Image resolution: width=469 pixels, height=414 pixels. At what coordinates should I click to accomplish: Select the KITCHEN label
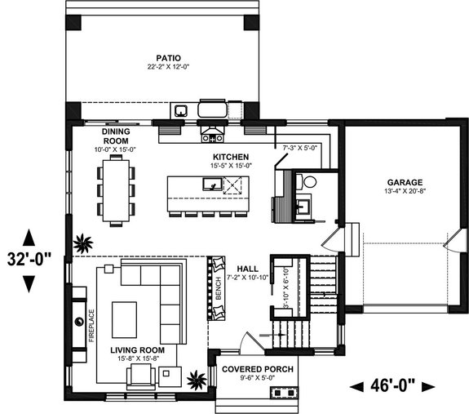pos(231,156)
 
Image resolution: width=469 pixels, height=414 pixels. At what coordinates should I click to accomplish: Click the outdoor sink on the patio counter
pos(181,110)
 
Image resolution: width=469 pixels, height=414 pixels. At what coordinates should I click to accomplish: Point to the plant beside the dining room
pos(82,242)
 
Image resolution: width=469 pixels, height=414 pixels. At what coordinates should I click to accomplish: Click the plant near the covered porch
pos(196,379)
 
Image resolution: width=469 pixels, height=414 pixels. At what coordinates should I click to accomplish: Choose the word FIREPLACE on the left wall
pos(91,323)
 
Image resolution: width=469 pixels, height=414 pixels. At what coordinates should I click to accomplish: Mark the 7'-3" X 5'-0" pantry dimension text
pos(299,148)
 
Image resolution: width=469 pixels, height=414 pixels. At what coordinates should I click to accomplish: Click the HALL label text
pos(248,269)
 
